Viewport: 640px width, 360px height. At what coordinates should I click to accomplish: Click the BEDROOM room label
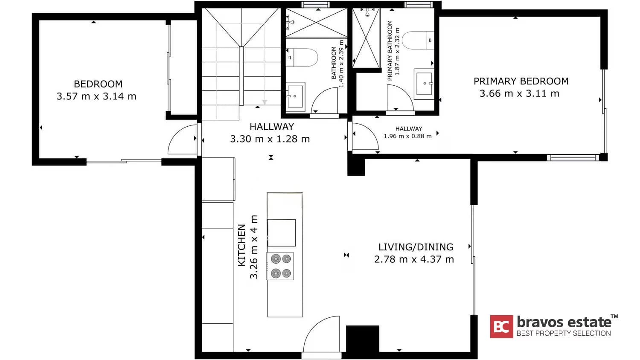[x=98, y=84]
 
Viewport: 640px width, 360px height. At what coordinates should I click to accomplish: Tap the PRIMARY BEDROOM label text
[x=521, y=81]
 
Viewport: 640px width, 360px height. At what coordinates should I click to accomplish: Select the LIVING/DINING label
[x=416, y=247]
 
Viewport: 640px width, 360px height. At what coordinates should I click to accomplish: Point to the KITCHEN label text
[x=242, y=245]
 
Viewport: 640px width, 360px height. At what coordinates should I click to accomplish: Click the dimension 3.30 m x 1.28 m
[x=270, y=139]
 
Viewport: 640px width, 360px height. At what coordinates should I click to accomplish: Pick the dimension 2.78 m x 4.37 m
[x=414, y=259]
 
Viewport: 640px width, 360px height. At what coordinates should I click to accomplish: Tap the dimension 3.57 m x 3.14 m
[x=96, y=96]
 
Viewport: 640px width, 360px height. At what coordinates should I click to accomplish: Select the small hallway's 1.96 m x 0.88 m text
[x=407, y=136]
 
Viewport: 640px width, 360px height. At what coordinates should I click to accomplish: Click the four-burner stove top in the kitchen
[x=280, y=266]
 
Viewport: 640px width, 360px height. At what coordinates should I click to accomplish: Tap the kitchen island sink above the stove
[x=281, y=233]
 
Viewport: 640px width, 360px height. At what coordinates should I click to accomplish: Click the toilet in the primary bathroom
[x=418, y=41]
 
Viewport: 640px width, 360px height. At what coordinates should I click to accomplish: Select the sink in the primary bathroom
[x=424, y=84]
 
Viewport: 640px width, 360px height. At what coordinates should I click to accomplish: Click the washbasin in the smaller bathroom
[x=295, y=97]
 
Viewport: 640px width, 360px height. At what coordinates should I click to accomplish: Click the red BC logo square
[x=501, y=327]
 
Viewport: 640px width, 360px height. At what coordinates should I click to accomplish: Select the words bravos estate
[x=564, y=322]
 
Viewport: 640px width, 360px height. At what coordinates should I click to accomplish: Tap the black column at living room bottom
[x=362, y=339]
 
